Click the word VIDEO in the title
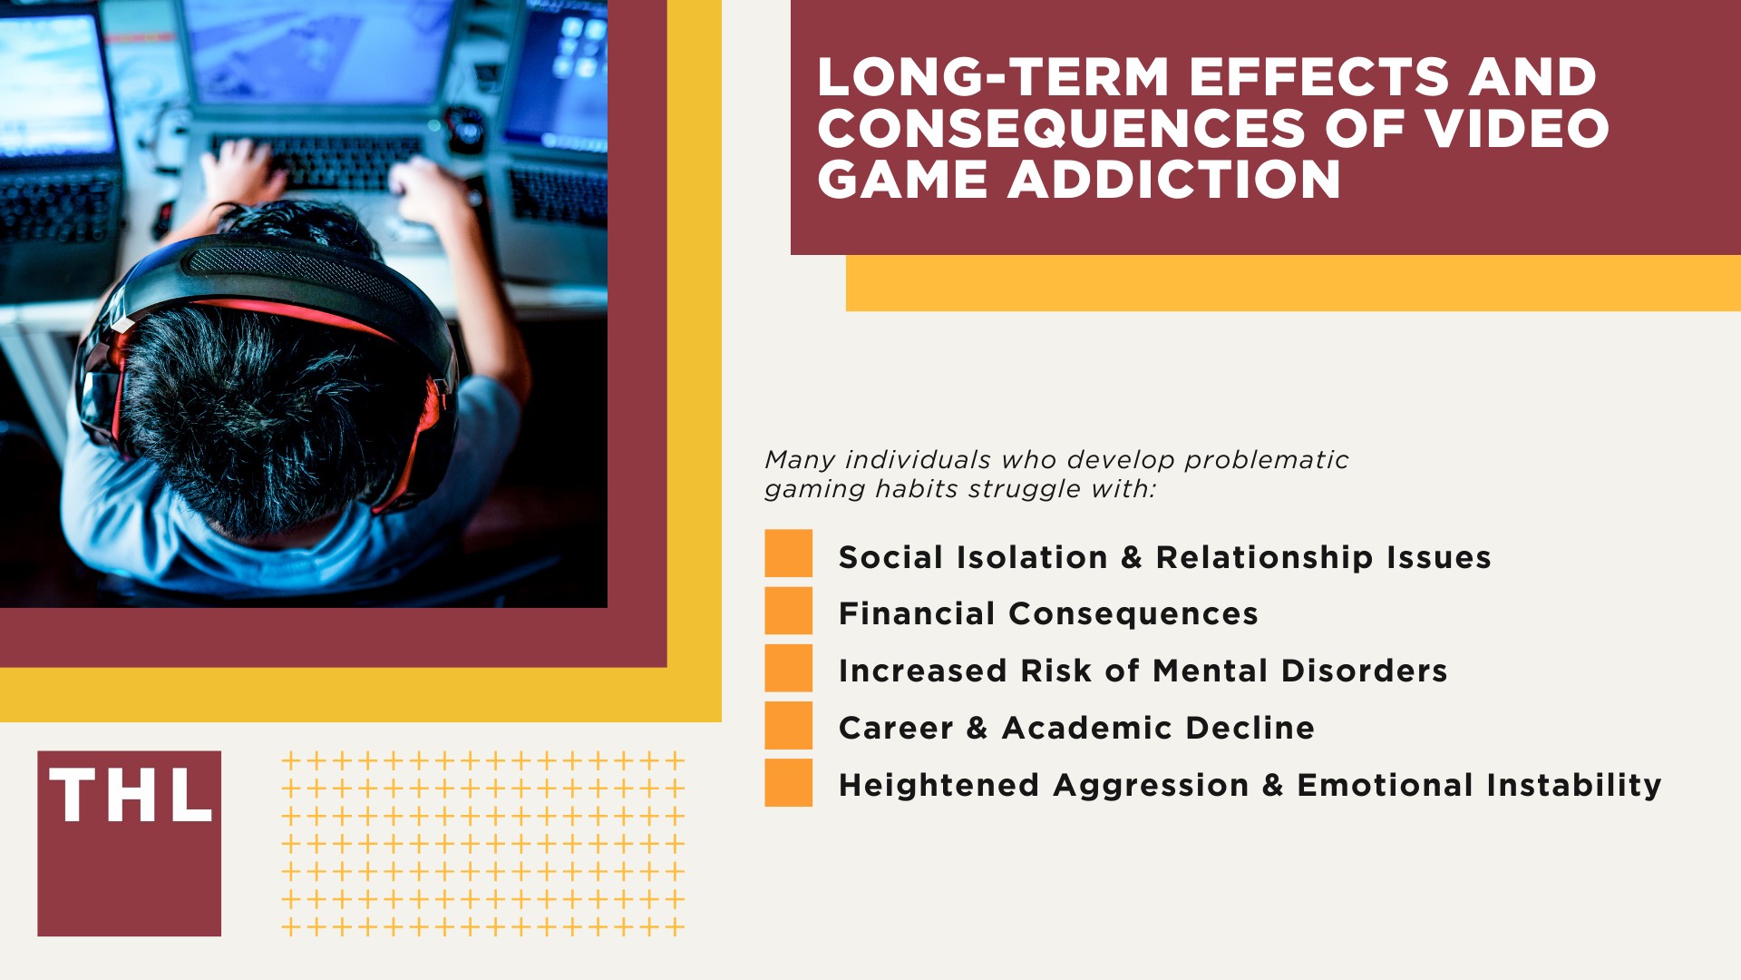pyautogui.click(x=1517, y=128)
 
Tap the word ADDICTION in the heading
pyautogui.click(x=1174, y=180)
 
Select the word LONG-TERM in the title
pyautogui.click(x=993, y=77)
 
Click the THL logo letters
pyautogui.click(x=131, y=796)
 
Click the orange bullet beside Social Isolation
pyautogui.click(x=788, y=554)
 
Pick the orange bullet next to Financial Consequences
pyautogui.click(x=788, y=611)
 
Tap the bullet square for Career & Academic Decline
pyautogui.click(x=788, y=725)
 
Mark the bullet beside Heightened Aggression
pyautogui.click(x=788, y=782)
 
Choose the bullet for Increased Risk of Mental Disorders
pyautogui.click(x=788, y=668)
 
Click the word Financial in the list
pyautogui.click(x=917, y=614)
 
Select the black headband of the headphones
pyautogui.click(x=299, y=272)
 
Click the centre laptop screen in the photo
pyautogui.click(x=317, y=50)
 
